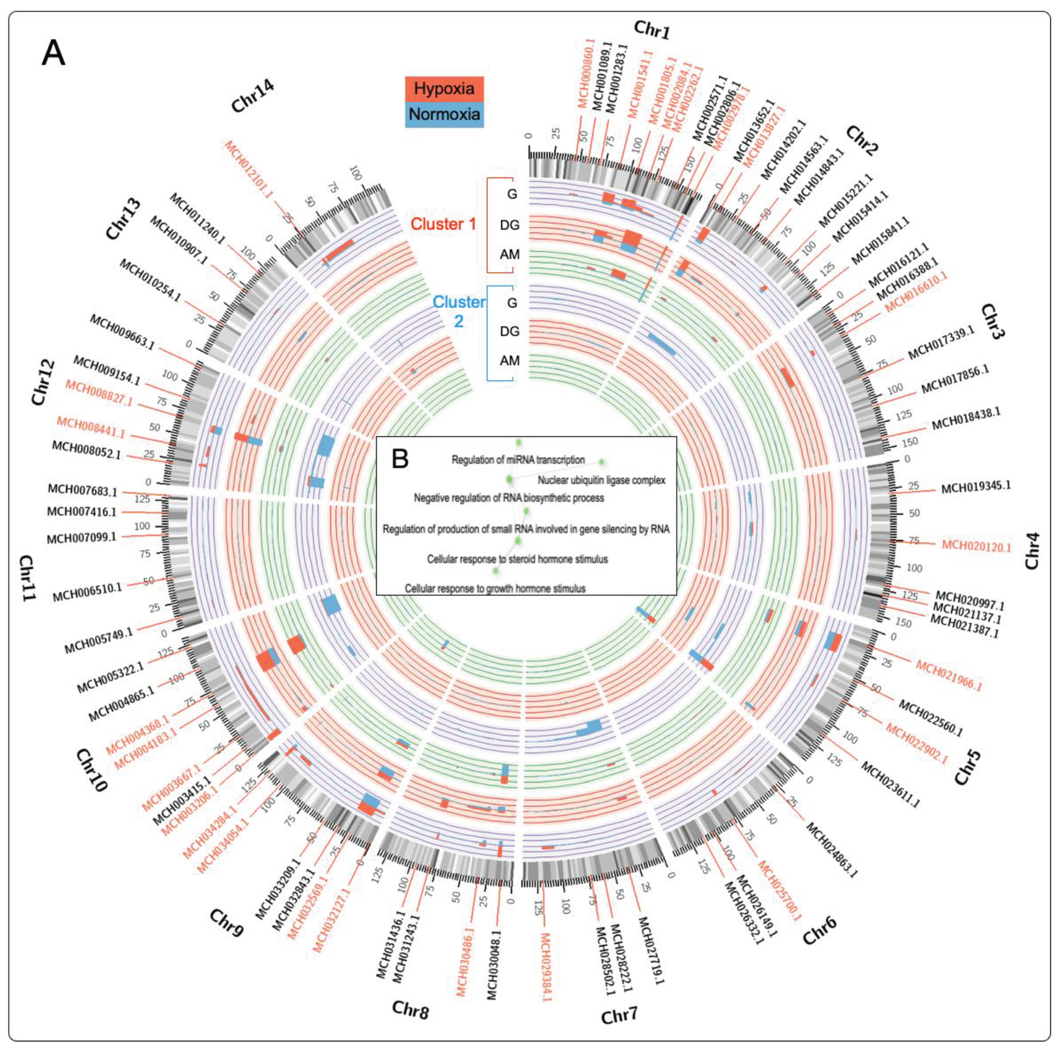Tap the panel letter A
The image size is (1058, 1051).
tap(53, 53)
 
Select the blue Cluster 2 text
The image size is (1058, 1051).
tap(458, 311)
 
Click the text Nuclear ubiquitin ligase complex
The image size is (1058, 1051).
tap(601, 480)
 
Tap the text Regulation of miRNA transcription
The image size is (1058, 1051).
tap(518, 460)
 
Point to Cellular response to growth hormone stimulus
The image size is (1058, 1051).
tap(495, 589)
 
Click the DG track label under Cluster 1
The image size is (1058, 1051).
tap(509, 225)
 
